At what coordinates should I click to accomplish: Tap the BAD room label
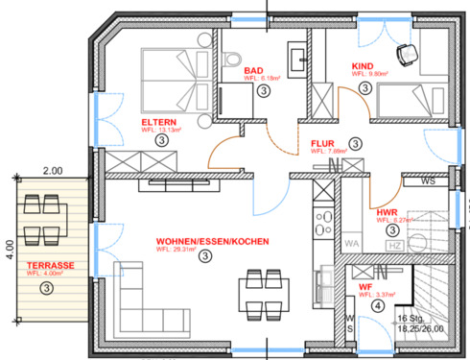coord(253,70)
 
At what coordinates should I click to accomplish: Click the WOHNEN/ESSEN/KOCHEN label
coord(212,241)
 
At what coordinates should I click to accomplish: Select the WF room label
coord(364,286)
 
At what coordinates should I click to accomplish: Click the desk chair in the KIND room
coord(406,55)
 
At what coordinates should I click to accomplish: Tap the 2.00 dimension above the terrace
coord(51,170)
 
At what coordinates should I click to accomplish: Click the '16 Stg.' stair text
coord(411,317)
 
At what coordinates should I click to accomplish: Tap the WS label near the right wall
coord(428,180)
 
